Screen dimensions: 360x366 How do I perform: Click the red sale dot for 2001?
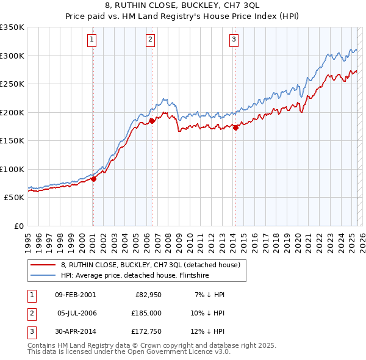[93, 179]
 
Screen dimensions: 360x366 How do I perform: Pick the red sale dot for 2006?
[152, 121]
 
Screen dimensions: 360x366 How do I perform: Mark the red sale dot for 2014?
[235, 128]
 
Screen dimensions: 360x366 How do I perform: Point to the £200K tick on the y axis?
[12, 112]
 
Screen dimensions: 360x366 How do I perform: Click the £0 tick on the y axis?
[18, 226]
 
